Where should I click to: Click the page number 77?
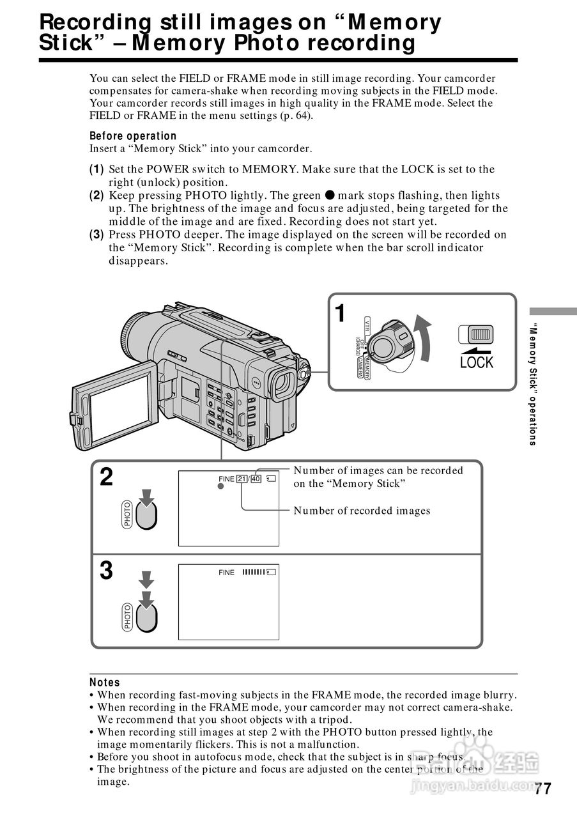(x=542, y=789)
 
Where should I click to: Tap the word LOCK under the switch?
(x=477, y=362)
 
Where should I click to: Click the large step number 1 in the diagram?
(x=341, y=314)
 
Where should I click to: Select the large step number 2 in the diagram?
(x=107, y=477)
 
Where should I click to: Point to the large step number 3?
(x=107, y=570)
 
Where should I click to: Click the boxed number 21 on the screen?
(x=242, y=479)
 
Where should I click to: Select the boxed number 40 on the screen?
(x=256, y=479)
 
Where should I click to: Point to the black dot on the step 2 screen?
(x=220, y=486)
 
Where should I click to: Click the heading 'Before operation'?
(x=133, y=135)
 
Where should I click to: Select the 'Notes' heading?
(x=105, y=683)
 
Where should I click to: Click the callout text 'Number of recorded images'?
(x=362, y=511)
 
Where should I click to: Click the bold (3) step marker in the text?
(x=96, y=235)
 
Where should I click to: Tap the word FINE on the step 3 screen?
(x=226, y=573)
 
